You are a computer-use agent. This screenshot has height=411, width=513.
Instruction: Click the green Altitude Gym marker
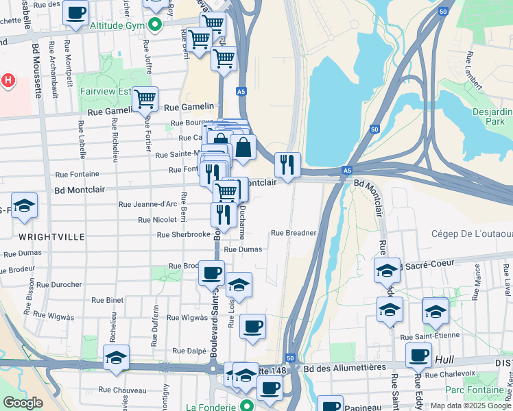click(x=156, y=25)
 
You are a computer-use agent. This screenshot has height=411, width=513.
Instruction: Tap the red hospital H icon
click(x=8, y=80)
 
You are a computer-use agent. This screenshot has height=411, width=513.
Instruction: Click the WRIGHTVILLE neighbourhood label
click(x=52, y=236)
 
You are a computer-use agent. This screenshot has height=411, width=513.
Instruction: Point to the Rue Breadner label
click(x=294, y=233)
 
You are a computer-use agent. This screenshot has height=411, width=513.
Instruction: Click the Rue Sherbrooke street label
click(x=183, y=234)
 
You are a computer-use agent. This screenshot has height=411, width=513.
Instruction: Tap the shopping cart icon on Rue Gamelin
click(x=145, y=99)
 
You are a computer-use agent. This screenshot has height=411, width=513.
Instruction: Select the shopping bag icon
click(x=243, y=147)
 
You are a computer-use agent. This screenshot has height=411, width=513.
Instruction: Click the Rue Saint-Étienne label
click(x=429, y=336)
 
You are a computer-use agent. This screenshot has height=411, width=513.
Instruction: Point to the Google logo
click(x=23, y=403)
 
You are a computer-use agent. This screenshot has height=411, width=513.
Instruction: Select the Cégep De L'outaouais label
click(x=472, y=234)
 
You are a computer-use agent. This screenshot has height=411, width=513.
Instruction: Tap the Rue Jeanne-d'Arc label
click(x=148, y=204)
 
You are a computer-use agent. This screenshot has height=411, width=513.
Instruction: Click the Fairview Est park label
click(x=105, y=90)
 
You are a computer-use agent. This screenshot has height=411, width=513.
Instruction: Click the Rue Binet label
click(x=107, y=300)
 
